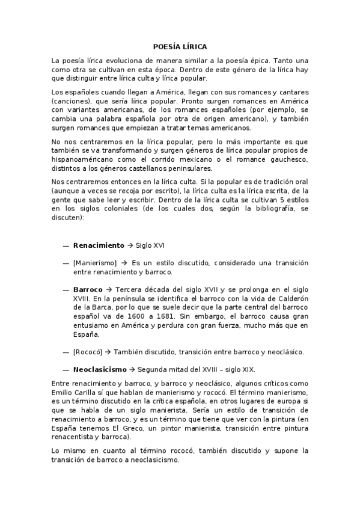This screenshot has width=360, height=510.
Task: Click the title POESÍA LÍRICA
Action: click(x=180, y=46)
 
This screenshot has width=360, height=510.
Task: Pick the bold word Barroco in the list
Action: click(x=88, y=289)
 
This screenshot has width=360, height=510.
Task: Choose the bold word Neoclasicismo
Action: click(x=100, y=369)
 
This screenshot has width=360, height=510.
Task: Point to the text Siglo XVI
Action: click(x=150, y=245)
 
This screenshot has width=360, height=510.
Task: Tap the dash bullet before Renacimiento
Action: click(x=65, y=245)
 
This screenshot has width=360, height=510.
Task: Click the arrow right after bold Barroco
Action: click(x=109, y=289)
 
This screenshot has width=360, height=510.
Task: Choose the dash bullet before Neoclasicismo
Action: click(x=65, y=369)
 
